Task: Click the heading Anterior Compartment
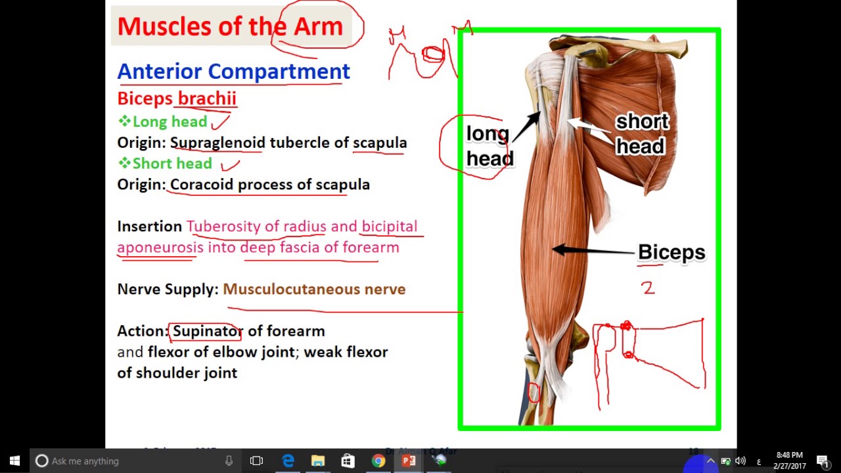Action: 233,72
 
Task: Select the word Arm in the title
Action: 318,26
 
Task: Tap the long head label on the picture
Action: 489,146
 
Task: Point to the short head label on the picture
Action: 641,134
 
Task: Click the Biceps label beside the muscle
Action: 671,252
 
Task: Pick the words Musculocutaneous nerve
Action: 314,289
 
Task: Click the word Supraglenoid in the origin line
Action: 217,143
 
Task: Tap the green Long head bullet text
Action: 170,122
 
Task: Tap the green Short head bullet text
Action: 172,164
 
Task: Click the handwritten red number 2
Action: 648,287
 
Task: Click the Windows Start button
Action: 14,461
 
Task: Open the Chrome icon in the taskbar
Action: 378,461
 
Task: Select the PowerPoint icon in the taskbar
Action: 409,461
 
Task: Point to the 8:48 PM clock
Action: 789,455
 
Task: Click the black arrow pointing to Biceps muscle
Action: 591,250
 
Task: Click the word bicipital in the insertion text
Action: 389,227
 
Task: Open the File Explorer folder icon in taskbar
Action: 318,461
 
